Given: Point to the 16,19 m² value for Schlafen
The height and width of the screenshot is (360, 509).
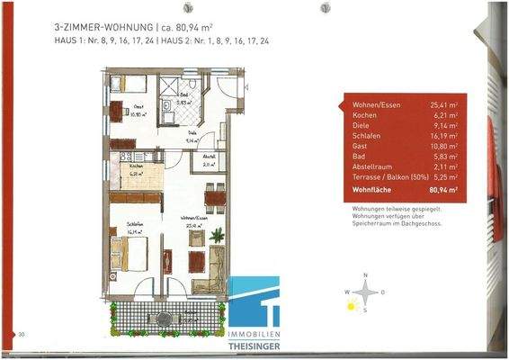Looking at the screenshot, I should (443, 134).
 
